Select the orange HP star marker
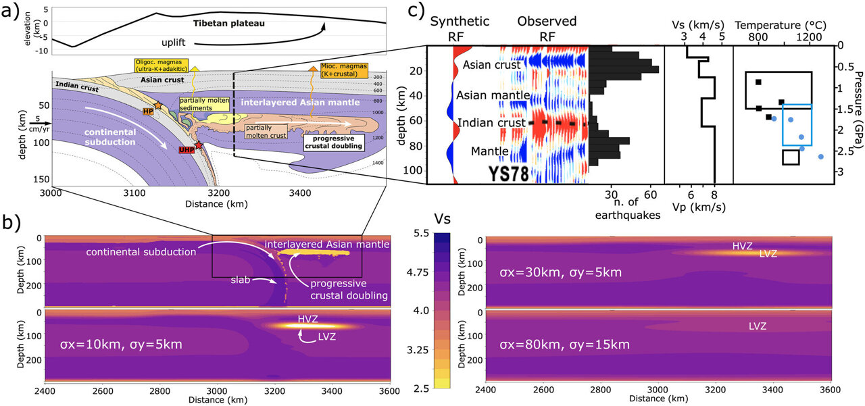(157, 105)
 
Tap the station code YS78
(508, 174)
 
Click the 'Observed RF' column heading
(547, 28)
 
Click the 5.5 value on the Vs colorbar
(421, 233)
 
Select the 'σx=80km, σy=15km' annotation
(564, 345)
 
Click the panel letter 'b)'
(13, 222)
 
